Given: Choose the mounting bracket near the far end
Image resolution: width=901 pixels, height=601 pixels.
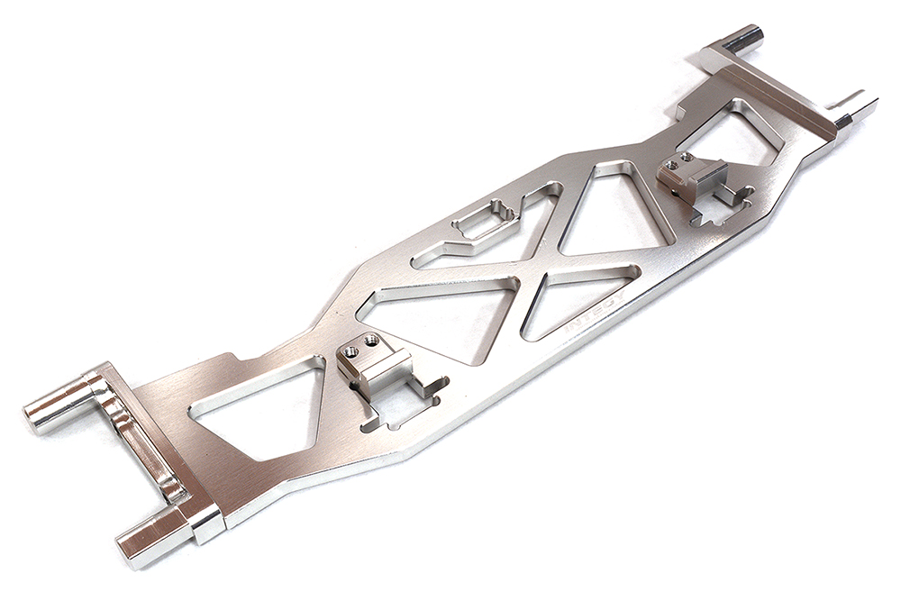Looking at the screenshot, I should pyautogui.click(x=694, y=178).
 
